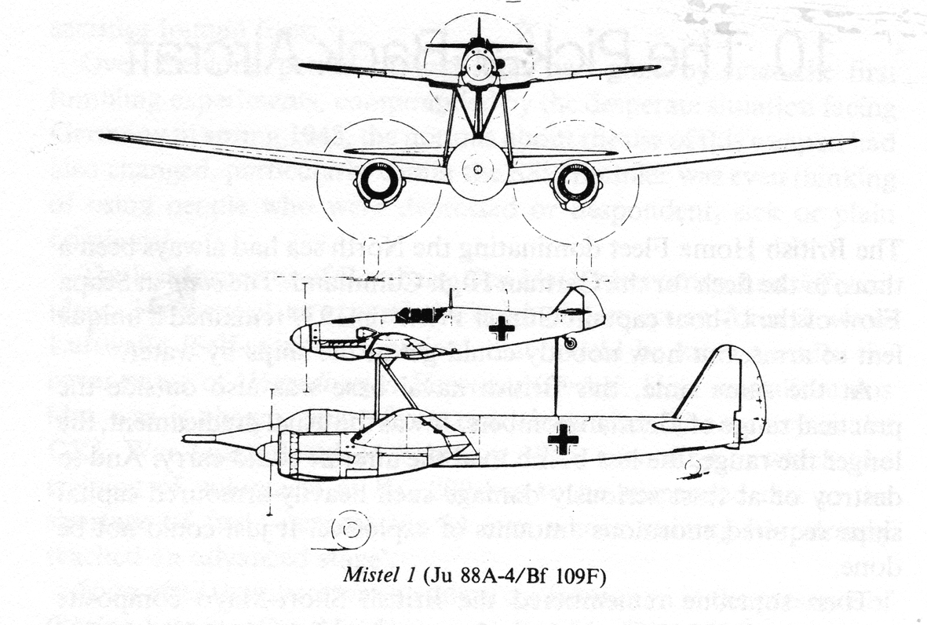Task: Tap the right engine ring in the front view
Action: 576,183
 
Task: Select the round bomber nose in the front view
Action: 477,169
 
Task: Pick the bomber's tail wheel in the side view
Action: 692,467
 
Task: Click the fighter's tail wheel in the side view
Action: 571,343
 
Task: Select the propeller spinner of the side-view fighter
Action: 301,338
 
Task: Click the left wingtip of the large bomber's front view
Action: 107,137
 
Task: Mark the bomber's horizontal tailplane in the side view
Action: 683,426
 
